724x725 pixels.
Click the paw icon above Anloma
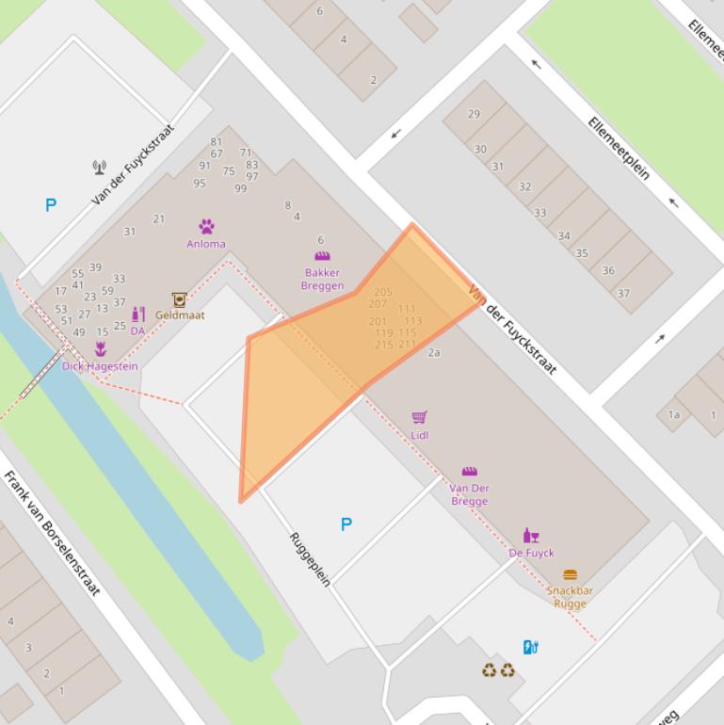(x=206, y=226)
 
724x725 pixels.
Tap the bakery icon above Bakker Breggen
(x=322, y=255)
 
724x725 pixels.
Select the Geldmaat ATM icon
(x=179, y=299)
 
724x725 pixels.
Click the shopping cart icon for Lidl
(x=420, y=417)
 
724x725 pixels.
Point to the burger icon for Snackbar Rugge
(x=571, y=574)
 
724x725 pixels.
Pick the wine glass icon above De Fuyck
(x=531, y=536)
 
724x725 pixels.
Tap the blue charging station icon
(x=530, y=647)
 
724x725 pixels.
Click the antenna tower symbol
(x=100, y=169)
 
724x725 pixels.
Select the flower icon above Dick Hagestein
(x=100, y=350)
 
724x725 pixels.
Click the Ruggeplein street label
(x=310, y=559)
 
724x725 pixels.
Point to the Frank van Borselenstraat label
(x=52, y=532)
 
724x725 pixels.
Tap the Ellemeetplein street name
(x=619, y=148)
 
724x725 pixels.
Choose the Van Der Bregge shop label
(x=469, y=494)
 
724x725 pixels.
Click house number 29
(x=474, y=114)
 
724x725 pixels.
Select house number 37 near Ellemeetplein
(x=623, y=293)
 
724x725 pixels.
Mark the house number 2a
(x=434, y=353)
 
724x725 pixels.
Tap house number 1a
(x=674, y=414)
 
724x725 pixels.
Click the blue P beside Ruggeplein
(x=346, y=524)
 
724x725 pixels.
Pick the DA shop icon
(x=138, y=314)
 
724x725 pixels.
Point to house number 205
(x=383, y=292)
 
